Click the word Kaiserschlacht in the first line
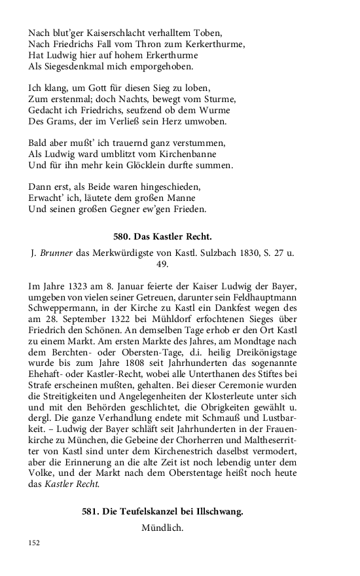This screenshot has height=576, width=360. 104,32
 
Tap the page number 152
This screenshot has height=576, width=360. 35,543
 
